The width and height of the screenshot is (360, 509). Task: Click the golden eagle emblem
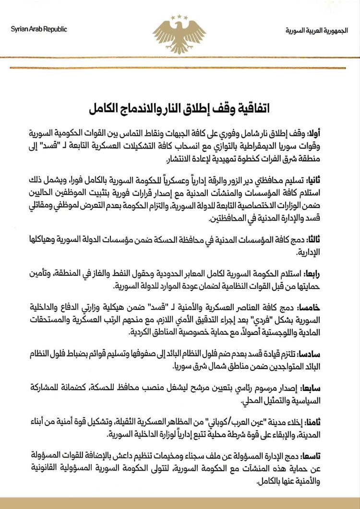(x=179, y=35)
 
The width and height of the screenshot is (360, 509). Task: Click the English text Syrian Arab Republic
(x=39, y=29)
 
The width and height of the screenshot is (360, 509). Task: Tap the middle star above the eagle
(x=180, y=16)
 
